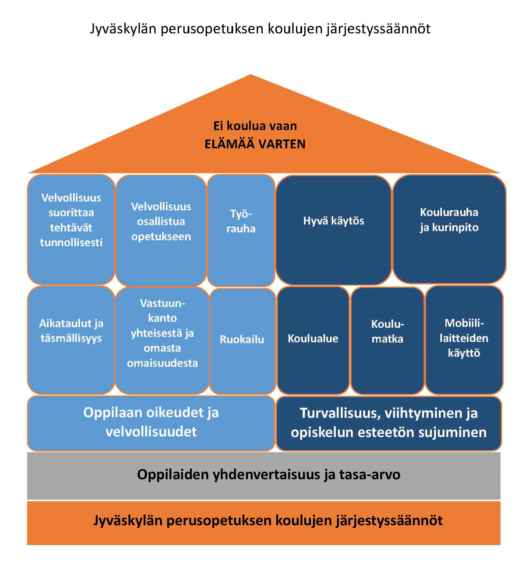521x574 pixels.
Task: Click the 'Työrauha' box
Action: (241, 230)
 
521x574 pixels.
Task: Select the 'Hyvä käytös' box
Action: (333, 230)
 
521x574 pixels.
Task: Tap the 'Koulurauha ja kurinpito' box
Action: (449, 229)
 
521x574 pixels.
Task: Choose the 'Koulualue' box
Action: (313, 340)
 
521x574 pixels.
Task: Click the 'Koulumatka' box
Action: (387, 340)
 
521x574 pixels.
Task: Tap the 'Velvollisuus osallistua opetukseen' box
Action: (161, 230)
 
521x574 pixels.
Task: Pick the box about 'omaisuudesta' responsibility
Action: (162, 340)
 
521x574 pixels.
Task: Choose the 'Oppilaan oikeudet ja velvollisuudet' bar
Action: (151, 423)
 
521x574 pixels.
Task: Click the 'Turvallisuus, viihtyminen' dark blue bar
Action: (388, 423)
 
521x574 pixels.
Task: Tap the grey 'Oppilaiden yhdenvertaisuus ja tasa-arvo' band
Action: (263, 475)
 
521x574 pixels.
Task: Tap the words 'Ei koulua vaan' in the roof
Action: (255, 126)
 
